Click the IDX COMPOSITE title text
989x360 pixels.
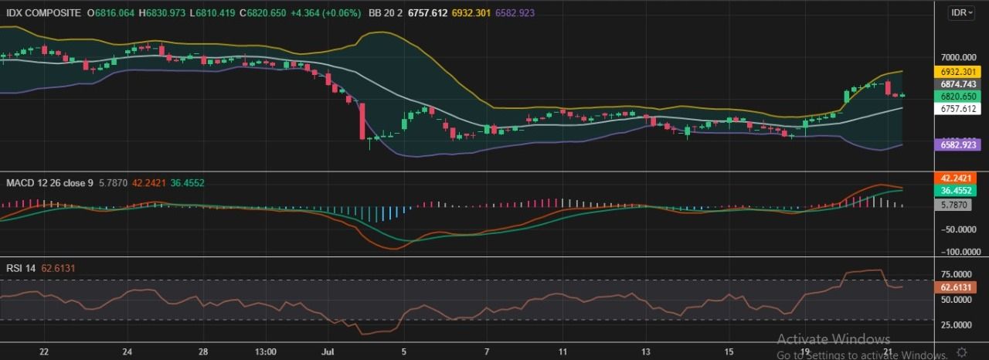tap(47, 13)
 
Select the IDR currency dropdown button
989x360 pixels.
tap(962, 13)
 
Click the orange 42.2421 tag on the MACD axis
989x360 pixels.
tap(958, 178)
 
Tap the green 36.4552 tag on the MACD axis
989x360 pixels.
tap(958, 190)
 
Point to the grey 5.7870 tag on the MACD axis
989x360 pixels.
tap(958, 205)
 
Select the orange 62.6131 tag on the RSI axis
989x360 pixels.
tap(958, 287)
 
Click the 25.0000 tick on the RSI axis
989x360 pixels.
tap(958, 324)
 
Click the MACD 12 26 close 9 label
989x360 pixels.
tap(49, 183)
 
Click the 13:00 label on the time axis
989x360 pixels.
tap(265, 352)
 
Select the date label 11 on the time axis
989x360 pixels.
tap(563, 352)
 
